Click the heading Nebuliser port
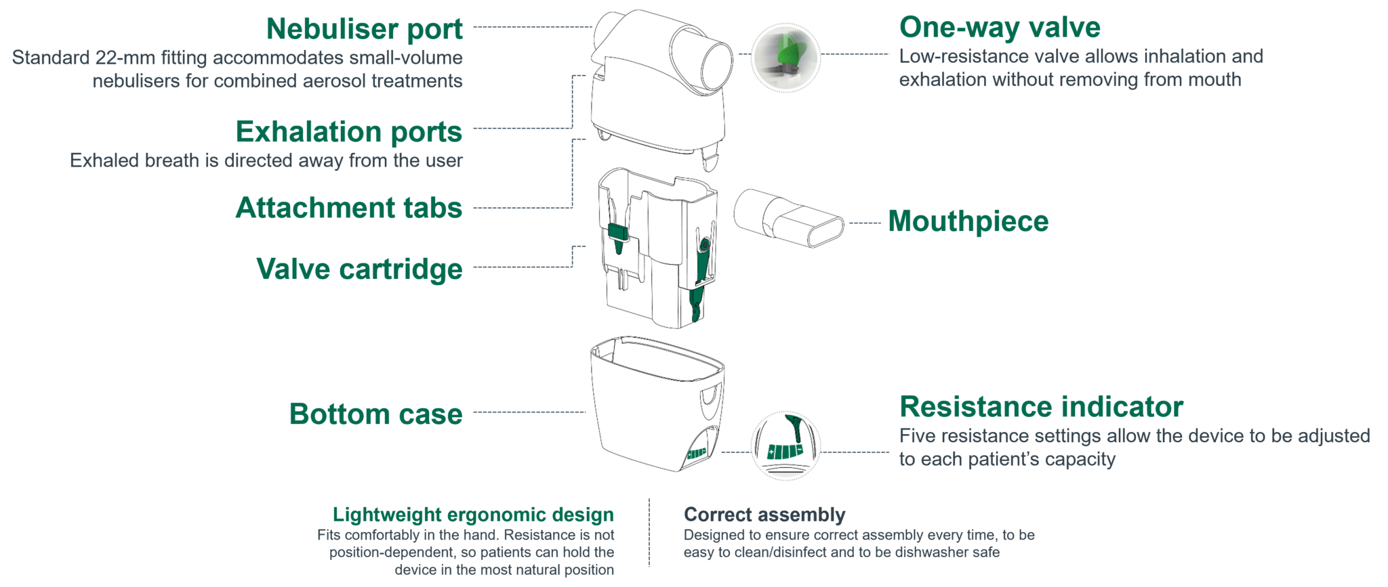pos(364,29)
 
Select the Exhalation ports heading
pos(348,131)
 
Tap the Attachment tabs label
pos(348,207)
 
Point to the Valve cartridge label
pos(359,269)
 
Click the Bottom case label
pos(375,414)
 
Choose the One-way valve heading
pos(999,28)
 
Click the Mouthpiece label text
pos(968,221)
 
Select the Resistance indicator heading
pos(1040,407)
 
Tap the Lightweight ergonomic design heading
pos(473,515)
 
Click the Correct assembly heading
pos(764,515)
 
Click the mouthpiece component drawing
pos(788,218)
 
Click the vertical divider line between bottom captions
pos(649,532)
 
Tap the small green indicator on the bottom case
pos(697,453)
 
